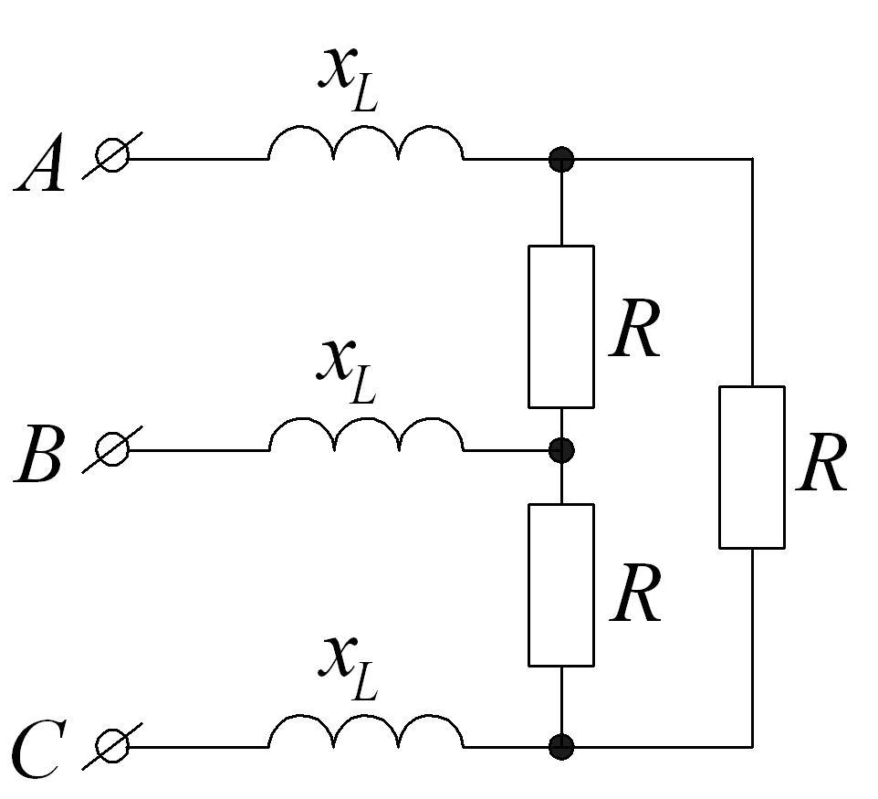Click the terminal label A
(39, 163)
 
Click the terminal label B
(38, 454)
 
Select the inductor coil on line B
(366, 418)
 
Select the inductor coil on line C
(366, 716)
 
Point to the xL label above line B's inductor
(347, 372)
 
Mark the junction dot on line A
(561, 159)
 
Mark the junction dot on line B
(561, 450)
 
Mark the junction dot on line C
(561, 747)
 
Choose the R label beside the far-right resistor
(821, 463)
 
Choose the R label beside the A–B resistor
(635, 329)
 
